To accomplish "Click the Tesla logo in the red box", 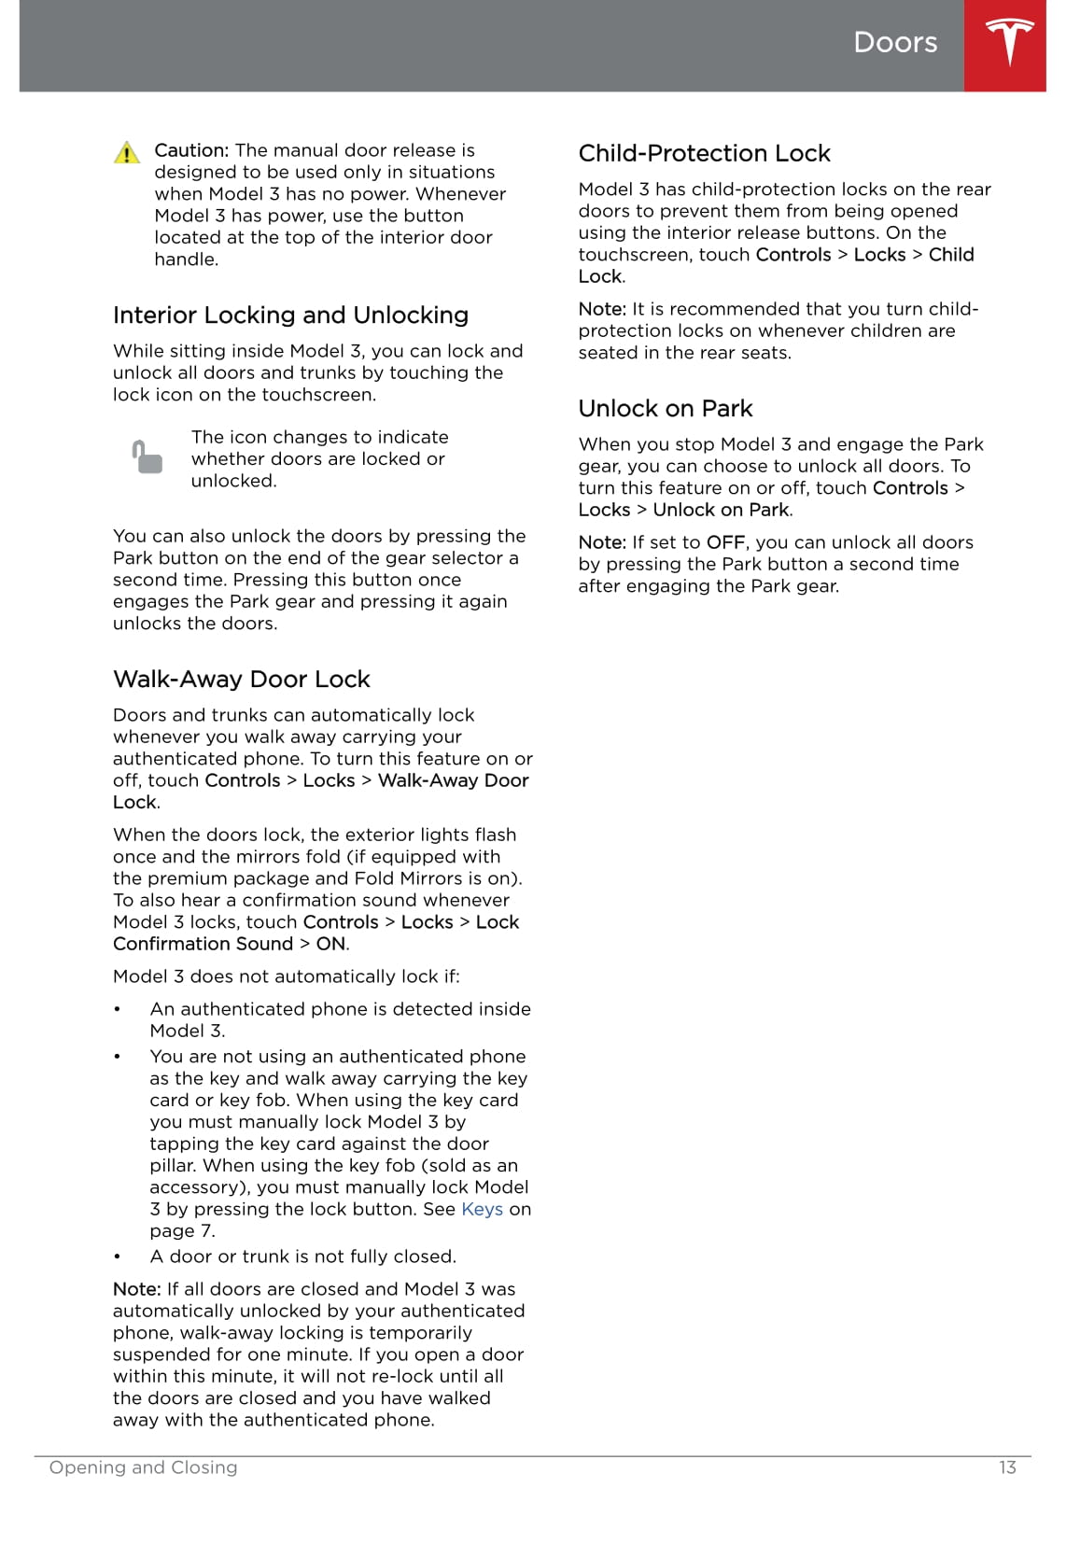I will coord(1009,42).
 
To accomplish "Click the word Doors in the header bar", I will coord(894,42).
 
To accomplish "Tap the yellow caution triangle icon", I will coord(127,153).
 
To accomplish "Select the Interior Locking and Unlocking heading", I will coord(290,316).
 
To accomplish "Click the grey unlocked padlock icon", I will coord(147,457).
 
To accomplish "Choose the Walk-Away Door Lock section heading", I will coord(241,680).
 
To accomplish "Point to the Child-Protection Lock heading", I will coord(704,154).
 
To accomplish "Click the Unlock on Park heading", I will coord(665,409).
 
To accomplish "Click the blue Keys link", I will coord(482,1210).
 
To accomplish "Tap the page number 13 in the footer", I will coord(1006,1467).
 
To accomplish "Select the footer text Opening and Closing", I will coord(143,1467).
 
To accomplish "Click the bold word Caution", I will coord(190,150).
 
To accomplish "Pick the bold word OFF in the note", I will coord(724,542).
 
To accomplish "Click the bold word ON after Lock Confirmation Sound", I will coord(330,944).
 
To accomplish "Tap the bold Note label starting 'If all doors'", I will coord(136,1289).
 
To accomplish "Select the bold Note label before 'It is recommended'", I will coord(601,309).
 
